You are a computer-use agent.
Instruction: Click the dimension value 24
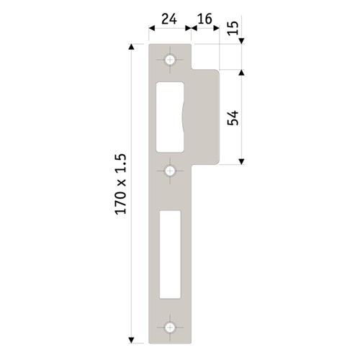[169, 19]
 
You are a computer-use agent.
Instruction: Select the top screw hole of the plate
[171, 60]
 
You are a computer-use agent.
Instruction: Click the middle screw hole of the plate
[171, 171]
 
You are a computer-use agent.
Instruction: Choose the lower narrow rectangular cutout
[171, 253]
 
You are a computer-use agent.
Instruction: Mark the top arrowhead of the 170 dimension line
[131, 48]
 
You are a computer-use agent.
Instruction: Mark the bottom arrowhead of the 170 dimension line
[131, 338]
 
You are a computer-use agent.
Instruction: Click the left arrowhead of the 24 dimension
[152, 29]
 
